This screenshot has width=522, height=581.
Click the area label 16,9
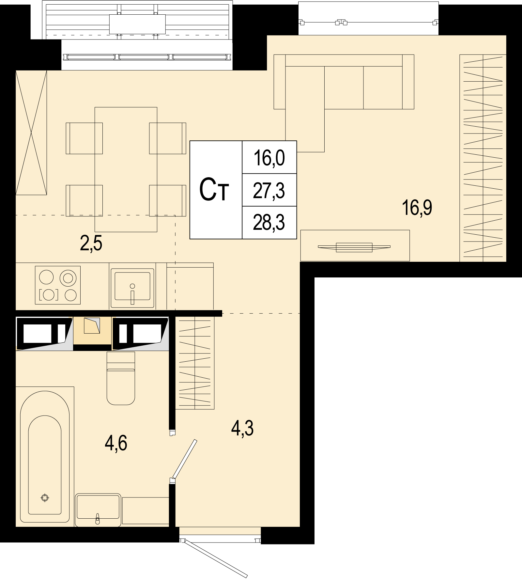point(418,208)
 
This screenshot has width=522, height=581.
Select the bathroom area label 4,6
point(116,443)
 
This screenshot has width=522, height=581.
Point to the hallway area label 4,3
point(242,428)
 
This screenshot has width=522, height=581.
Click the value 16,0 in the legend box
point(269,158)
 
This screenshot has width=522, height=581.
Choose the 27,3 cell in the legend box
point(269,191)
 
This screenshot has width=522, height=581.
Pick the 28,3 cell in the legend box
point(269,222)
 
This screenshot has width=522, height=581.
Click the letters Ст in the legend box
point(214,191)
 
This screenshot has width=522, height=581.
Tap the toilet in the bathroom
point(121,378)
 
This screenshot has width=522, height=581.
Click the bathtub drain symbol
point(45,507)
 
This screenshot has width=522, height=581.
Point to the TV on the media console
point(354,247)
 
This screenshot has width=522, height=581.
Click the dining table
point(126,169)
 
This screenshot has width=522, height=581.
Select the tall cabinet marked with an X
point(31,133)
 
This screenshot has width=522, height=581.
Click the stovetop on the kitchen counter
point(58,285)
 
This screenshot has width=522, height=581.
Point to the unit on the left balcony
point(137,24)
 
